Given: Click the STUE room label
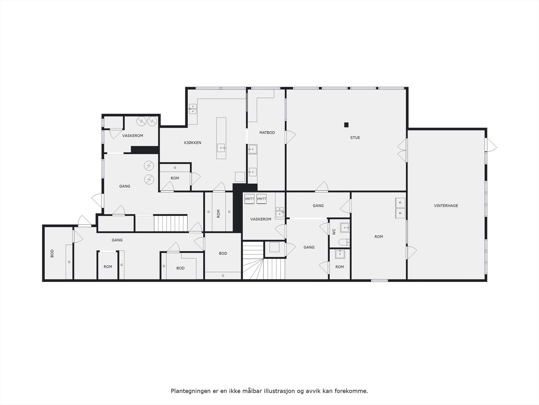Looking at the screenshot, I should (355, 138).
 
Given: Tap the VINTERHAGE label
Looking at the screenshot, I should (446, 206).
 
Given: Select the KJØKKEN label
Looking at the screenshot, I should (193, 143).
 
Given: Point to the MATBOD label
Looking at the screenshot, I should (267, 133).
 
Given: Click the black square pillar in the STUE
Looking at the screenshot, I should (346, 125).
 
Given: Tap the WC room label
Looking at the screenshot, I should (334, 232).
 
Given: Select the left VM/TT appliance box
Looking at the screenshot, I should (249, 199).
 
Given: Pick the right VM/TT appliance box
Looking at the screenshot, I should (261, 199).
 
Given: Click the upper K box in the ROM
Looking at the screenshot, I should (400, 202).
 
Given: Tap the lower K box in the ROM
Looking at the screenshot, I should (400, 213).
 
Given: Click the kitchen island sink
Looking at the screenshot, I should (221, 147).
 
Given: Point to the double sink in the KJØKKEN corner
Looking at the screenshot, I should (193, 108).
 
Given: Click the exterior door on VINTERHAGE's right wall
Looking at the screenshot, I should (492, 145).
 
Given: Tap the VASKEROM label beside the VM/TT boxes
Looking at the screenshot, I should (261, 219).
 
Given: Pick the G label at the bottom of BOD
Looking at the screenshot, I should (223, 276).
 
